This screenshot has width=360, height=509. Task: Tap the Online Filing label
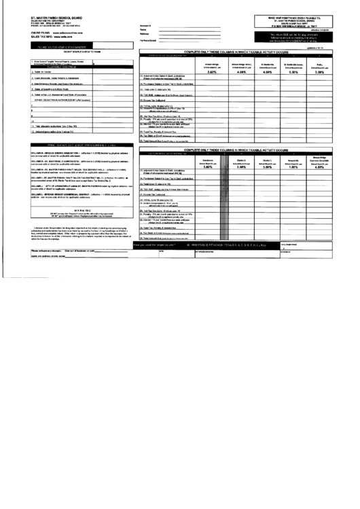coord(40,31)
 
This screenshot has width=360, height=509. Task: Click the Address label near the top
coord(144,33)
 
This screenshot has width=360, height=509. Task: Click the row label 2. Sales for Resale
coord(27,71)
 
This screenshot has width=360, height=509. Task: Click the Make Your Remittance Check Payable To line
coord(297,17)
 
